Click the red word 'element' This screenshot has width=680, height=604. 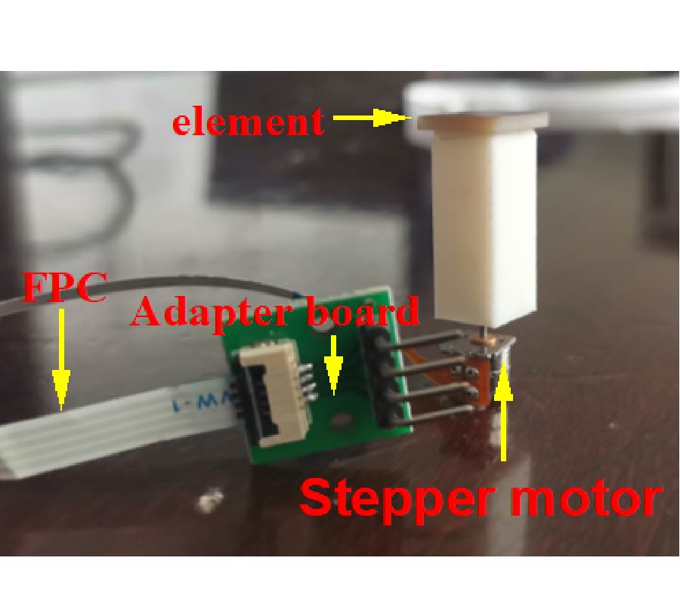point(248,122)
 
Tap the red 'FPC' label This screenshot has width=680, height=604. point(64,287)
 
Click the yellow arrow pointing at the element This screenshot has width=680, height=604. point(372,117)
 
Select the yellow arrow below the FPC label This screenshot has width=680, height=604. point(61,359)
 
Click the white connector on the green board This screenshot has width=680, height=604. point(274,393)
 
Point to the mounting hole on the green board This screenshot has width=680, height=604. point(341,420)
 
